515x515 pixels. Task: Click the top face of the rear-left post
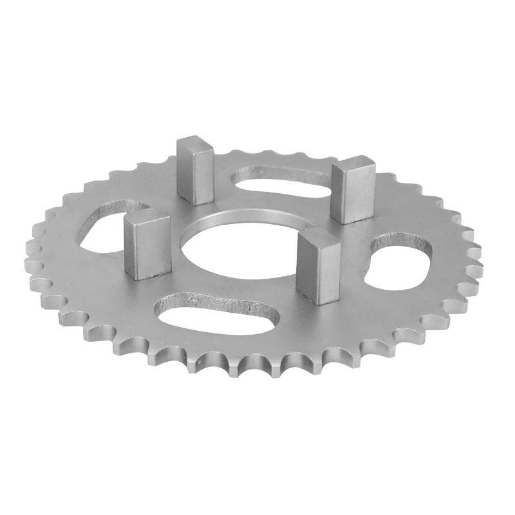[195, 142]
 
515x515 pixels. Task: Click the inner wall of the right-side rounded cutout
[393, 241]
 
